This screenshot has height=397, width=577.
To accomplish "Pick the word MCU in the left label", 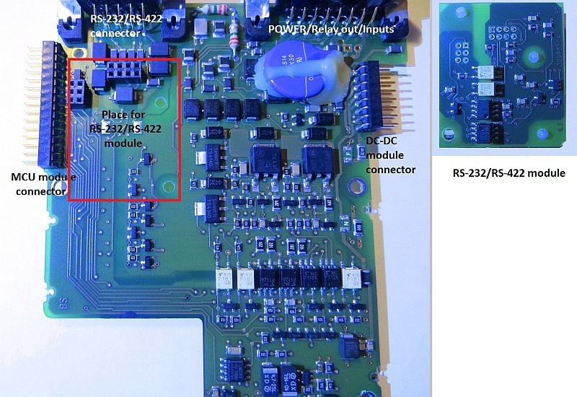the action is click(24, 176).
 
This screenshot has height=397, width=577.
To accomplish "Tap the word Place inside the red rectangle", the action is click(116, 115).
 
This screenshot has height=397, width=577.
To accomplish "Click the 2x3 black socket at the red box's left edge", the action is click(77, 90).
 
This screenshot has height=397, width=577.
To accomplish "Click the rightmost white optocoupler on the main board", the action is click(356, 282).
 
